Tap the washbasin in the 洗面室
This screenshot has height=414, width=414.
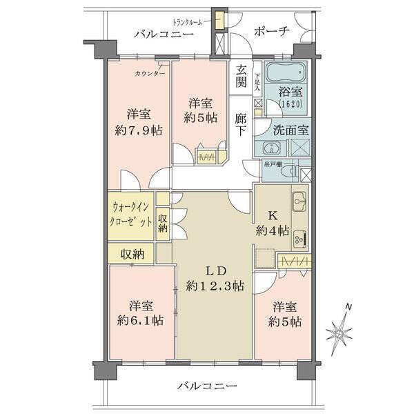coord(271,147)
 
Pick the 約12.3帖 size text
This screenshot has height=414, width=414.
coord(215,285)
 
